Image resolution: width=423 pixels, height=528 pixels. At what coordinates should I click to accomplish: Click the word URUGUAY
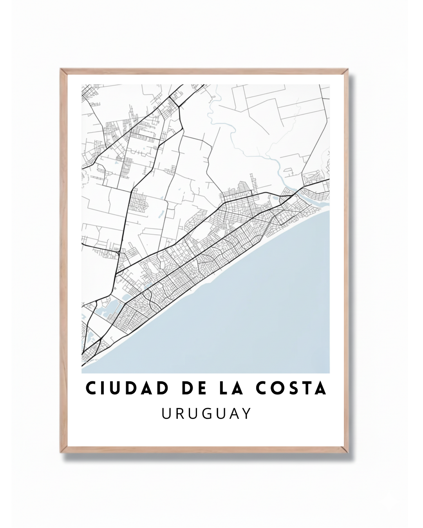pos(206,414)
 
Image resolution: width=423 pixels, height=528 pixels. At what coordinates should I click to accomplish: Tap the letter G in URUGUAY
pos(206,414)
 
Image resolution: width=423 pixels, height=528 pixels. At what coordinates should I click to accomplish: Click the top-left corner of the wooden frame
pos(61,70)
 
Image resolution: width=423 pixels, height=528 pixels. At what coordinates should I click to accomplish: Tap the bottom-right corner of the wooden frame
pos(348,453)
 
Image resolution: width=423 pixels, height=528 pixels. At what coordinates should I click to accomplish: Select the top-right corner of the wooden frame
pos(348,70)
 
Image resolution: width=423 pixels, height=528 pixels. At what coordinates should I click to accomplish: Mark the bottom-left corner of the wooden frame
pos(61,453)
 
